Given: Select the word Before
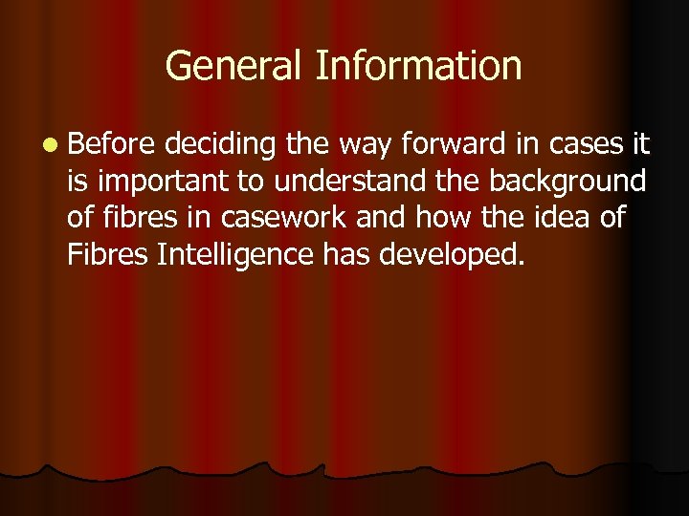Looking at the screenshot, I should pos(111,144).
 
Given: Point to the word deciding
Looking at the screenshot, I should pos(217,145).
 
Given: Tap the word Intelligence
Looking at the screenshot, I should pos(231,254).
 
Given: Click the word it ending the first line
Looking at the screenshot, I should pos(638,144).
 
